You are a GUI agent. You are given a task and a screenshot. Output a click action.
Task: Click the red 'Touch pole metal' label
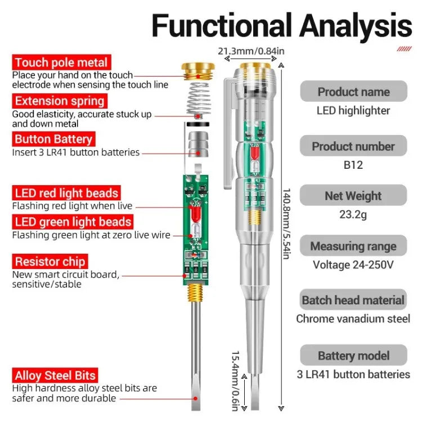coord(61,62)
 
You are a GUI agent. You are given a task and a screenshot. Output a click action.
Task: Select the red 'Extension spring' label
coord(60,101)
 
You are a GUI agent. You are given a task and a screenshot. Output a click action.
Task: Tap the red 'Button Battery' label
coord(53,139)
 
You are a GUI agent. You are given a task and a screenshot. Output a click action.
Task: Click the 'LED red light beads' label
coord(66,194)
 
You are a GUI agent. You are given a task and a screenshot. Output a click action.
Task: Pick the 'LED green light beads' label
coord(73,222)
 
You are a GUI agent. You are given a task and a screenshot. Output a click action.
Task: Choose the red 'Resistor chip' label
coord(50,261)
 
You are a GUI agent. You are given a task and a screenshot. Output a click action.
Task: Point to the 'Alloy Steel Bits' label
coord(55,375)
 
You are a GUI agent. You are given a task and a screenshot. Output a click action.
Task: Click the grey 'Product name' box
coord(353,92)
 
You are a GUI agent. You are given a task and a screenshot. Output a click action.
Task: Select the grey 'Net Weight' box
coord(353,196)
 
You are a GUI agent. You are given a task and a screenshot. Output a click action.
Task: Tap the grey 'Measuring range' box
coord(353,246)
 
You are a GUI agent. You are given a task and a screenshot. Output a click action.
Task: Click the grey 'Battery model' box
coord(353,356)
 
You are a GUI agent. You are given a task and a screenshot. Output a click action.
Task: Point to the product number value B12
coord(353,165)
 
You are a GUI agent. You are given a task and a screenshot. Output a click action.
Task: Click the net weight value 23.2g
coord(353,215)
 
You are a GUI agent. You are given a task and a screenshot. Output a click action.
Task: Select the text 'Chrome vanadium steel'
coord(353,318)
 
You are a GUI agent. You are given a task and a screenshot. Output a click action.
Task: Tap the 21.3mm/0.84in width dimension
coord(251,51)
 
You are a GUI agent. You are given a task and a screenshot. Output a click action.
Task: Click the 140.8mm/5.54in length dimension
coord(286,224)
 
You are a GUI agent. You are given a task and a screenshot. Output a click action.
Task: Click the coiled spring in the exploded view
coord(193,98)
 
